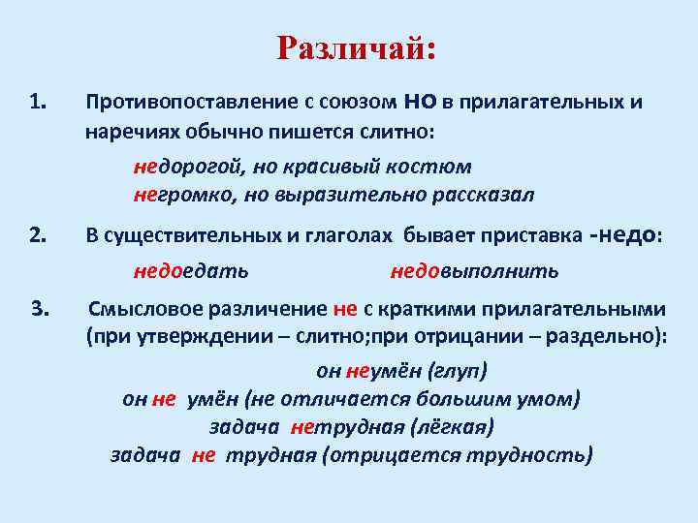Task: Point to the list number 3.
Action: click(40, 309)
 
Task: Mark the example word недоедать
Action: click(191, 270)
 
